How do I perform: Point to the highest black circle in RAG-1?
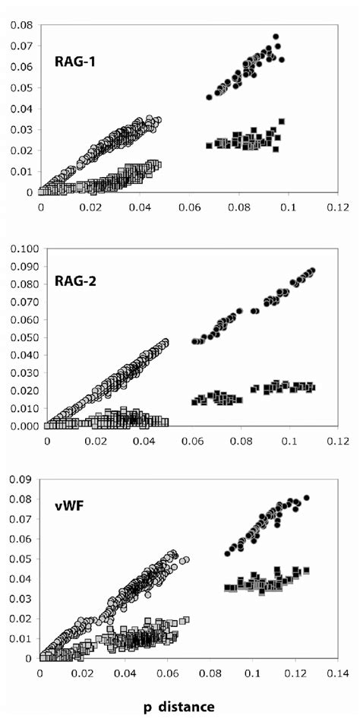(276, 36)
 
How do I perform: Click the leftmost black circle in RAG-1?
(210, 97)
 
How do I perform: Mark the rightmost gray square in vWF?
(186, 619)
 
